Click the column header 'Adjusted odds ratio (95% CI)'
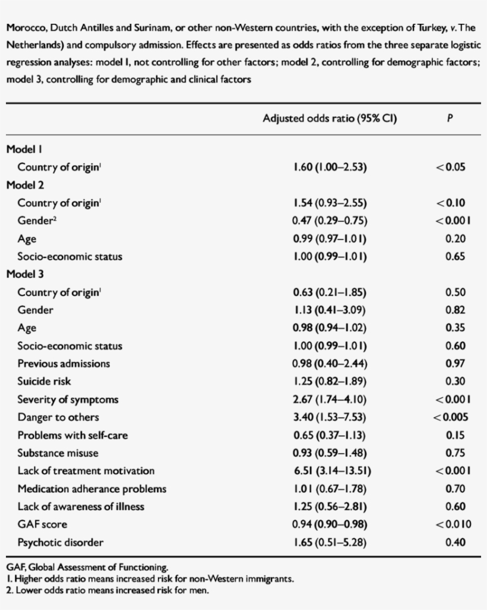(x=330, y=119)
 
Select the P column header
(x=450, y=119)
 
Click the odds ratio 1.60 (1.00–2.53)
(x=330, y=167)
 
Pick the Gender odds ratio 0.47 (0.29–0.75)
(x=330, y=221)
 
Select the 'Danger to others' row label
(x=58, y=417)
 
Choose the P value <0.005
(x=450, y=417)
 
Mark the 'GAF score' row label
(x=42, y=524)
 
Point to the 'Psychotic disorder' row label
(x=61, y=542)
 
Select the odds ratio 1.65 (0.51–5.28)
(x=330, y=542)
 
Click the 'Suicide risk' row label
(x=45, y=382)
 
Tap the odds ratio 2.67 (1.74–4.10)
(x=330, y=400)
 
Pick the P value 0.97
(x=455, y=364)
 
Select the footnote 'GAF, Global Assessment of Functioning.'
(x=87, y=567)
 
